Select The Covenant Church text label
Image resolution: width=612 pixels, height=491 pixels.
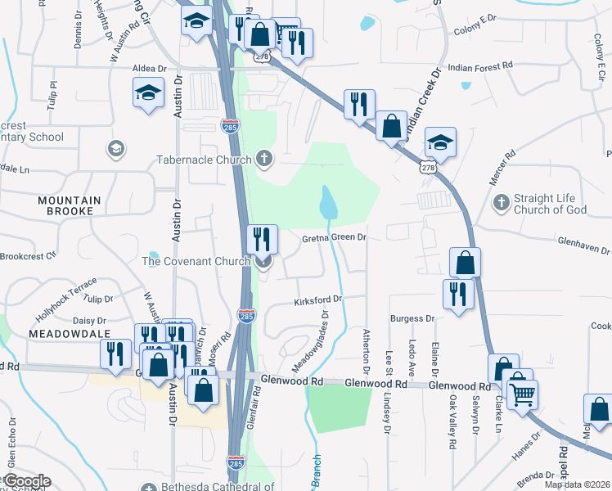coord(196,261)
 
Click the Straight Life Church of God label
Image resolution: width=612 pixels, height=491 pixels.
coord(550,204)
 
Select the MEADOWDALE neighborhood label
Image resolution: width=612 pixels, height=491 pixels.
coord(69,335)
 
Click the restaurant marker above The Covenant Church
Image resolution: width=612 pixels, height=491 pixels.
coord(263,239)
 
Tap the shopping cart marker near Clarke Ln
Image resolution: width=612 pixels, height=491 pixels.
coord(522,394)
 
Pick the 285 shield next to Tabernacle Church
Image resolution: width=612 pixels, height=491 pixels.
coord(230,126)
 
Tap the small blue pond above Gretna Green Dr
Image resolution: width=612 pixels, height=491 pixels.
coord(328,202)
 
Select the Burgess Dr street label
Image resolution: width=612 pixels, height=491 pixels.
coord(412,318)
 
